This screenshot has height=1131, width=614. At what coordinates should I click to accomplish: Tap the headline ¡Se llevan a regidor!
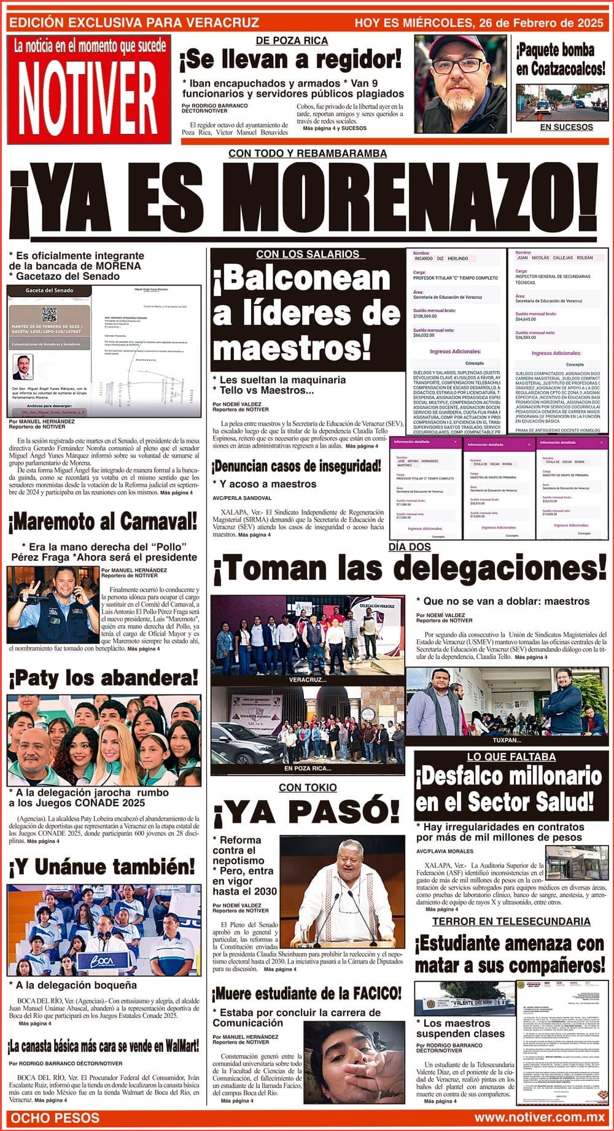[x=290, y=61]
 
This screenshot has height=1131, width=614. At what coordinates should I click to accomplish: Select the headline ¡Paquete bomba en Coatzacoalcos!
[x=560, y=60]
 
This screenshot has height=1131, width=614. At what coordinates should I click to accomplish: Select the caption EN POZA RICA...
[x=307, y=768]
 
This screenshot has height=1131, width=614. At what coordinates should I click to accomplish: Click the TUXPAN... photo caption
[x=507, y=740]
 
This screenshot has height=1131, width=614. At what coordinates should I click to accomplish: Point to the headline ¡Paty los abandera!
[x=104, y=678]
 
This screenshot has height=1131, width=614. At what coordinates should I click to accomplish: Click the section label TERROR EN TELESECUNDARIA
[x=511, y=922]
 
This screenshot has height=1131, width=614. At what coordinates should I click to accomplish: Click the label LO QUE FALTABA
[x=511, y=757]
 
